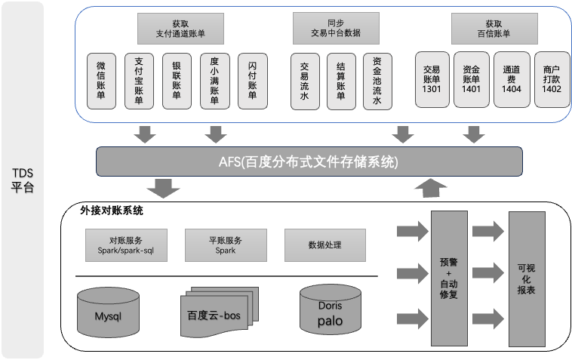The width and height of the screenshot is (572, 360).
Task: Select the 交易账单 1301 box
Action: [432, 78]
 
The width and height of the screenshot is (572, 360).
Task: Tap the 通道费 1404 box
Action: [512, 78]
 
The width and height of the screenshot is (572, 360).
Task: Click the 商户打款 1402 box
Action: [552, 78]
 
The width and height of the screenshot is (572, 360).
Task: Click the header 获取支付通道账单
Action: [180, 29]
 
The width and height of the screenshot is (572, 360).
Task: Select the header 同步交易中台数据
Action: [335, 29]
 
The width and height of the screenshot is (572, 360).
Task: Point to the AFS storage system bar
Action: [309, 161]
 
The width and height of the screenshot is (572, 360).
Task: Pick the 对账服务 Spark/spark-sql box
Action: [125, 245]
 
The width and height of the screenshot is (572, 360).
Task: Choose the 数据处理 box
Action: [325, 245]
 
